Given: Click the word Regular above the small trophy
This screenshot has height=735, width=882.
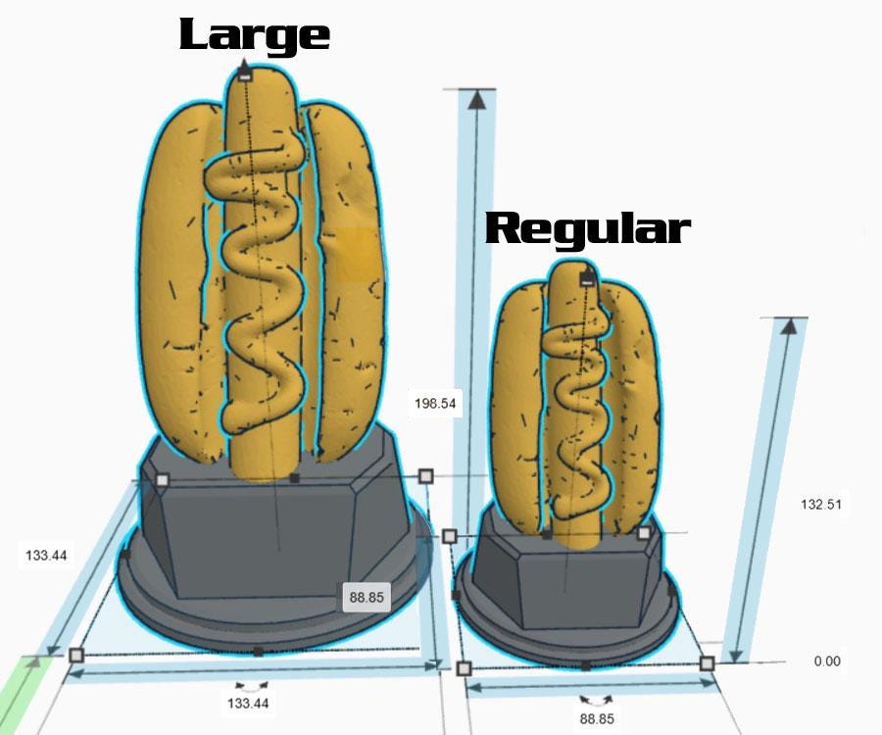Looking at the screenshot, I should (587, 228).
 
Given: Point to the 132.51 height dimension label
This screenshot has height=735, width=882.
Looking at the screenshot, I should (822, 504).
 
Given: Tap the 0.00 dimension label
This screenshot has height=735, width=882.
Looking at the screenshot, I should (826, 661).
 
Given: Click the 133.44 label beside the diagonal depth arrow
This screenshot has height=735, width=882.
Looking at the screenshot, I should (46, 555).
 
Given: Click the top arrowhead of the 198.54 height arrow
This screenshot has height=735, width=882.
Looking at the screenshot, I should (476, 99).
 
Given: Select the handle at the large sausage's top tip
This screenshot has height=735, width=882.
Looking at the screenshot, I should (246, 73).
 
